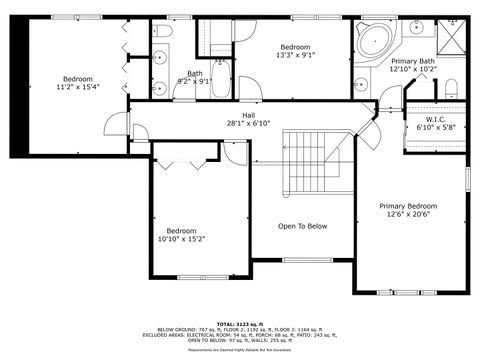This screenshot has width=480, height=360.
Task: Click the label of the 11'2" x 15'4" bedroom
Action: click(x=78, y=79)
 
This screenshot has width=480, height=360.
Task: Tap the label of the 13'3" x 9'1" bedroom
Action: click(x=294, y=48)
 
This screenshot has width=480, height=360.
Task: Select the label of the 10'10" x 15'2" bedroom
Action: click(x=181, y=229)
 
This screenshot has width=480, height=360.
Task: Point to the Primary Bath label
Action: click(x=412, y=61)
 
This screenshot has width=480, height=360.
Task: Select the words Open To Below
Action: click(x=302, y=226)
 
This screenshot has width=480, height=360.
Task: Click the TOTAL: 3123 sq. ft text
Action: click(x=240, y=323)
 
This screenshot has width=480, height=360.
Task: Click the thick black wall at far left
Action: click(x=17, y=86)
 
